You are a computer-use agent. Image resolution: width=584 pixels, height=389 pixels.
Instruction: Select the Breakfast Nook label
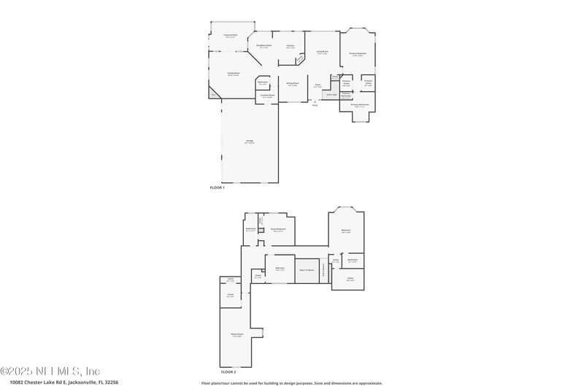(264, 46)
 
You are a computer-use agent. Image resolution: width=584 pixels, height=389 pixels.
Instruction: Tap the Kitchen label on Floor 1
(291, 47)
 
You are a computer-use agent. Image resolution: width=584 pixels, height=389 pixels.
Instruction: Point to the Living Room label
(322, 52)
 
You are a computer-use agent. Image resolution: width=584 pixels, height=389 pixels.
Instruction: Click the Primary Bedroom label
(358, 54)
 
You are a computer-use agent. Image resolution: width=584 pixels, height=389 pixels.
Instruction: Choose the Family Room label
(233, 74)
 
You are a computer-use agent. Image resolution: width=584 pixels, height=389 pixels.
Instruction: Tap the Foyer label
(318, 85)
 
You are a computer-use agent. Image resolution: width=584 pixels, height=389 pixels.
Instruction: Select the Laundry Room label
(267, 96)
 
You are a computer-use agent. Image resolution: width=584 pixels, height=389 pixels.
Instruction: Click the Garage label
(250, 142)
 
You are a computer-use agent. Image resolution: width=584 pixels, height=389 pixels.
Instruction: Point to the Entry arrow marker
(315, 103)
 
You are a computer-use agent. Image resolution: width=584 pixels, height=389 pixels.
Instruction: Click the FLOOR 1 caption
(218, 188)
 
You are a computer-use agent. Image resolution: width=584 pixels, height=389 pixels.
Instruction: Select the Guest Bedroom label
(278, 229)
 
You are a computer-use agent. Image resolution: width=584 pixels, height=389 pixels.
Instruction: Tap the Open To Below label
(307, 270)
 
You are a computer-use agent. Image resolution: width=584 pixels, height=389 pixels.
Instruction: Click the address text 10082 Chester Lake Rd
(64, 382)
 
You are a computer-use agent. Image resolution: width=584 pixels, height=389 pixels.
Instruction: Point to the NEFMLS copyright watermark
(50, 371)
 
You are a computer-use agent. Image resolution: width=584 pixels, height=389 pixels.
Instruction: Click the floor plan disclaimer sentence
(291, 382)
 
